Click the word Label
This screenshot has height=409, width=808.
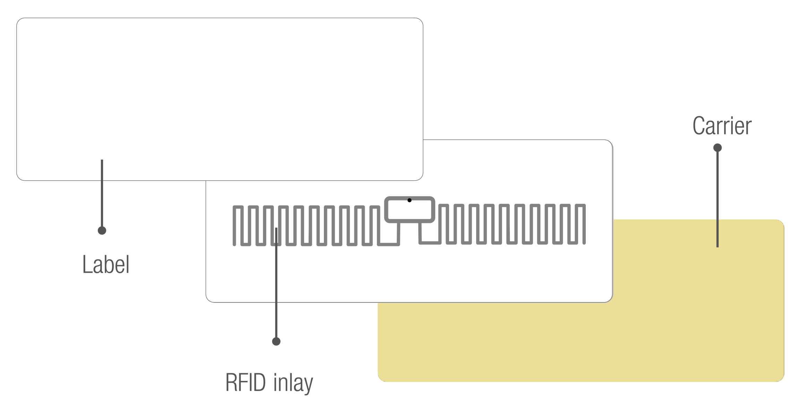pyautogui.click(x=106, y=264)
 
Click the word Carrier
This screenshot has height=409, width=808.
pyautogui.click(x=722, y=126)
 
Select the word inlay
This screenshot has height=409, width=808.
pyautogui.click(x=293, y=383)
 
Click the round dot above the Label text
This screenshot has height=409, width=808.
pyautogui.click(x=102, y=230)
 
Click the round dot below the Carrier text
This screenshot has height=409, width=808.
pyautogui.click(x=717, y=148)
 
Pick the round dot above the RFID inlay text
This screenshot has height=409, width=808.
pyautogui.click(x=276, y=341)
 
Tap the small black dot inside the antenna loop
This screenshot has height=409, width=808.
pyautogui.click(x=409, y=200)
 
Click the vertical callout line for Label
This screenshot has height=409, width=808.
pyautogui.click(x=102, y=194)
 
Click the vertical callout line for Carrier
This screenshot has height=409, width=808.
pyautogui.click(x=717, y=198)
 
